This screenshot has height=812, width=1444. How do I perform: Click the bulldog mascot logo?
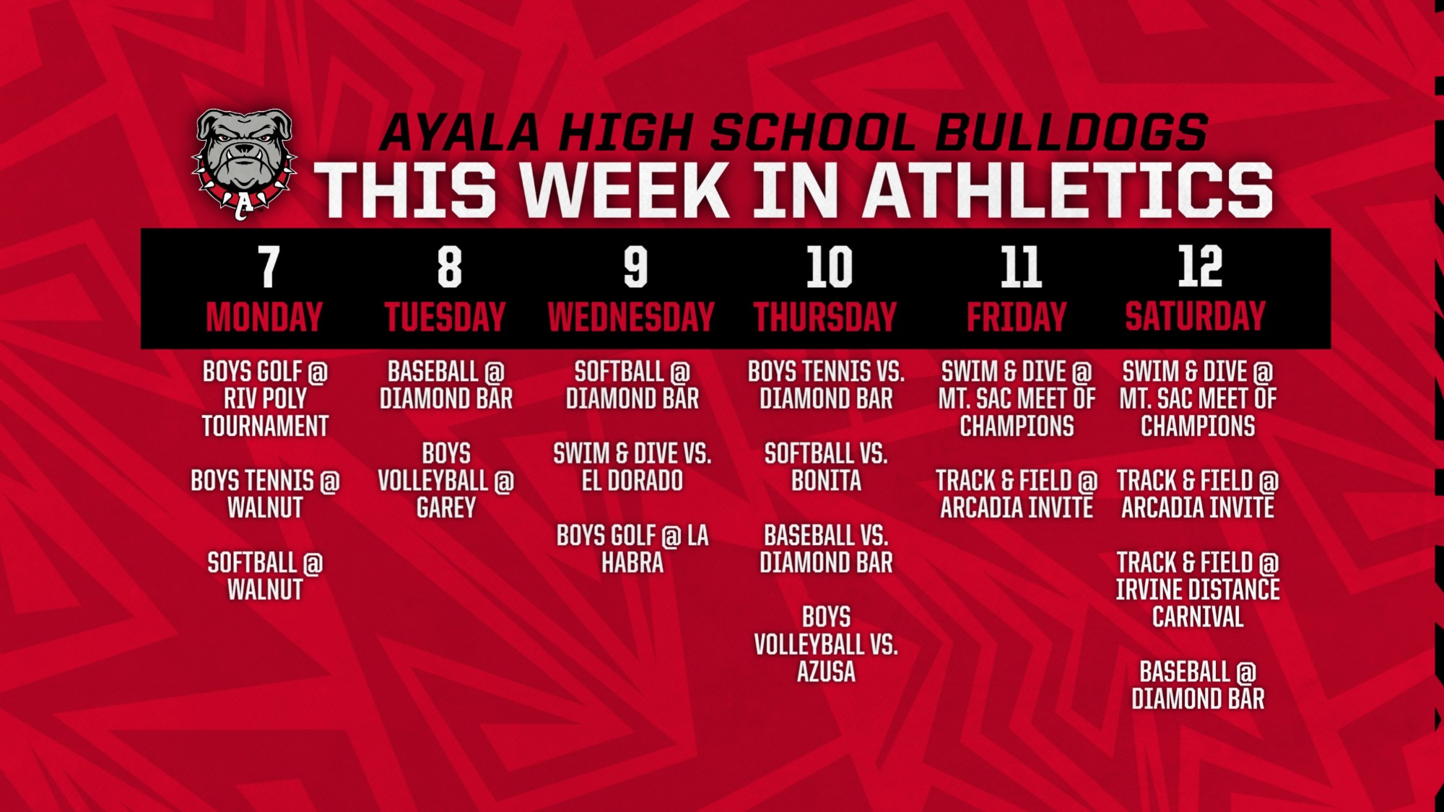point(244,163)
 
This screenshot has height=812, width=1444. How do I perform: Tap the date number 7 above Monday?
point(269,267)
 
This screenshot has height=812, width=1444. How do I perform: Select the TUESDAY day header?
point(445,317)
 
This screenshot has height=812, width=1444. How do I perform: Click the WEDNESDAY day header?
point(631,317)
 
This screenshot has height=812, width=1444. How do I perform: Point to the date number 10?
point(830,267)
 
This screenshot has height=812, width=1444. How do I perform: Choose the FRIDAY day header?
point(1017,317)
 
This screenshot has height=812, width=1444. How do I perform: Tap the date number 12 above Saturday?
point(1200,266)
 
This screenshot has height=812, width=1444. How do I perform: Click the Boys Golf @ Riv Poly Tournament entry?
point(265,399)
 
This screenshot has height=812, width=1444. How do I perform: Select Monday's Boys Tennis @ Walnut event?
point(265,494)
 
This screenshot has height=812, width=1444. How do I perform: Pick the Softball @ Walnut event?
point(265,576)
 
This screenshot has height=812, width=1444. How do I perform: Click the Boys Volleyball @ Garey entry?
point(445,481)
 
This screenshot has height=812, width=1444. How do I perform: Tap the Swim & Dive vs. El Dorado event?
point(632,467)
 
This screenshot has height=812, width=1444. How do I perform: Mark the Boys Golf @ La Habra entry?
point(632,549)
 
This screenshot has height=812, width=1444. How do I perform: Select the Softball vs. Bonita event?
point(826,467)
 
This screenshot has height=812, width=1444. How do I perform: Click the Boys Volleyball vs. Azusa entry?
point(826,645)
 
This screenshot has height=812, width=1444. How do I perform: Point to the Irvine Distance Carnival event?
point(1198,590)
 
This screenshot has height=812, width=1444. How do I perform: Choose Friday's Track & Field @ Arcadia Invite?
point(1017,494)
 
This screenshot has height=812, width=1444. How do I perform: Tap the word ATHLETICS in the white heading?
point(1069,189)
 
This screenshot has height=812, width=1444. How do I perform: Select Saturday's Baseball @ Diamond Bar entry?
point(1198,686)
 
